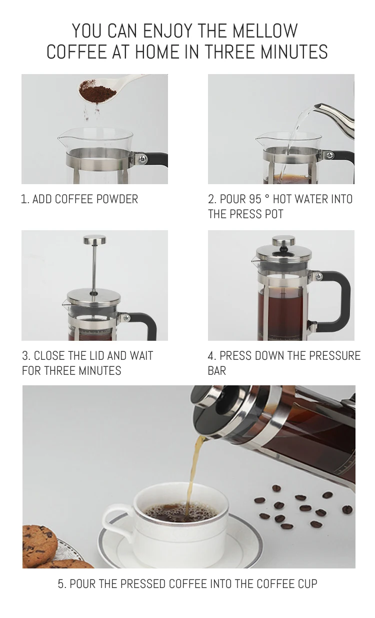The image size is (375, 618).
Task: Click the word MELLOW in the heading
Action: tap(265, 31)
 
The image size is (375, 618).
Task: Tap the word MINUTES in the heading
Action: tap(294, 52)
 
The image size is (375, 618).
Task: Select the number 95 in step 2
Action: tap(255, 199)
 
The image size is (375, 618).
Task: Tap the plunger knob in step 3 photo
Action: tap(94, 240)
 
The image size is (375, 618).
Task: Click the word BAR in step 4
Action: tap(217, 370)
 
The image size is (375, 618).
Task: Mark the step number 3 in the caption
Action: tap(25, 356)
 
